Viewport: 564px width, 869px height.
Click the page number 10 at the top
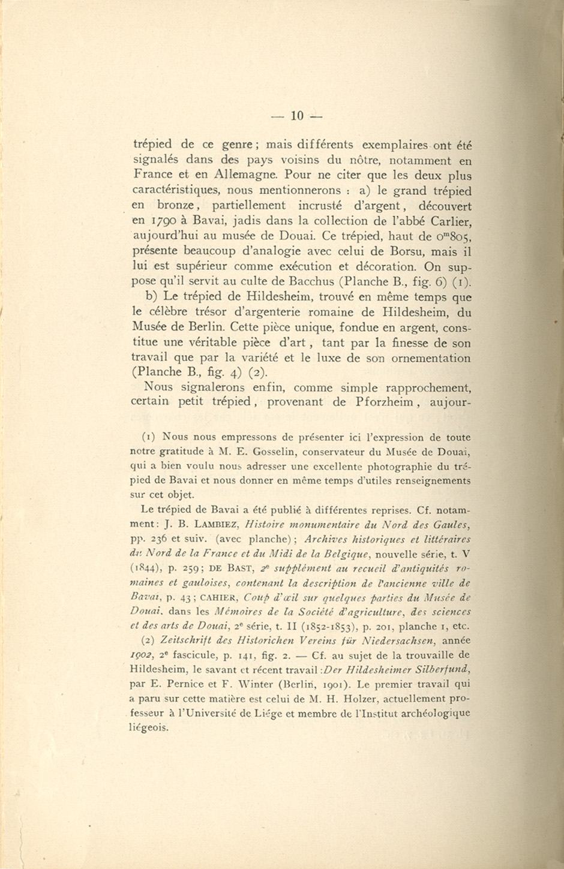pyautogui.click(x=298, y=116)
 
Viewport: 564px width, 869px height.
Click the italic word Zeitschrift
pyautogui.click(x=180, y=641)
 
